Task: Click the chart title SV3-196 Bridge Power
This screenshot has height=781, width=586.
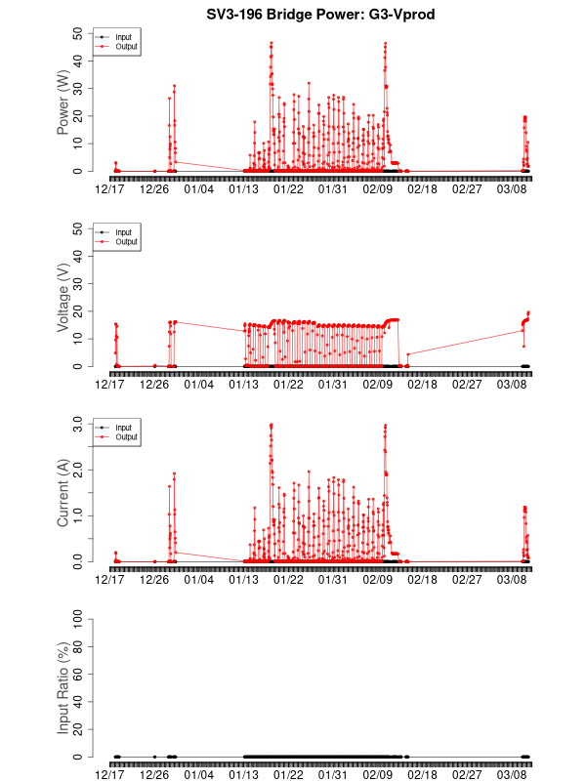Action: point(320,15)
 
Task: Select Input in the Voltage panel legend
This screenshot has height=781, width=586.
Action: point(123,232)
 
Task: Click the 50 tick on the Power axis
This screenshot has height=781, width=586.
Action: point(78,33)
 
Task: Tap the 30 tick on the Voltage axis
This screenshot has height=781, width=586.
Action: point(78,283)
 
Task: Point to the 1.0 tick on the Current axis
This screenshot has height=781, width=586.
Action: point(75,515)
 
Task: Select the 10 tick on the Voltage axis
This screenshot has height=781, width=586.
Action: point(78,339)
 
